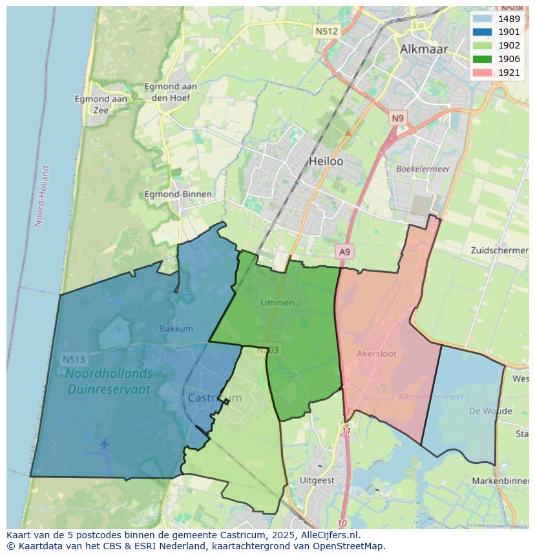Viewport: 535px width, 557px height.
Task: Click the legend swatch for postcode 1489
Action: pos(481,19)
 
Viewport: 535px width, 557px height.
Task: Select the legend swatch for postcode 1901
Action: pos(481,32)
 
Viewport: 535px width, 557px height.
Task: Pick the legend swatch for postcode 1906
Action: pos(481,59)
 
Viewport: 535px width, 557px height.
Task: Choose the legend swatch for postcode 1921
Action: pos(481,72)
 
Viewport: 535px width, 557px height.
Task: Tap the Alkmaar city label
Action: pos(423,49)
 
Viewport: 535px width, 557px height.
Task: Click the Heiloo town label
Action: pos(326,161)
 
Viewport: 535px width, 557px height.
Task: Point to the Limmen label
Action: pos(277,303)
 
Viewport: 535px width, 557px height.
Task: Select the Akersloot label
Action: pos(377,354)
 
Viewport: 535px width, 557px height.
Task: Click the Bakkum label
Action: pos(176,329)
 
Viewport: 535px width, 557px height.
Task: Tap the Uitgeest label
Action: pos(317,481)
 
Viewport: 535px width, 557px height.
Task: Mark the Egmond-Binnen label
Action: pos(178,194)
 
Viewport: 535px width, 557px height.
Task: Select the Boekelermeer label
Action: pos(423,169)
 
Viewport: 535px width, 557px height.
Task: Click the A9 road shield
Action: pos(344,252)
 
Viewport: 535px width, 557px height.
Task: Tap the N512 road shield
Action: pos(326,31)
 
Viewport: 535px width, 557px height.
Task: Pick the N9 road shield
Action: pos(397,118)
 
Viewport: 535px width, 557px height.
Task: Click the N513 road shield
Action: pos(74,359)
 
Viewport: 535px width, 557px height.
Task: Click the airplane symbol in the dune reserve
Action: pos(104,444)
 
